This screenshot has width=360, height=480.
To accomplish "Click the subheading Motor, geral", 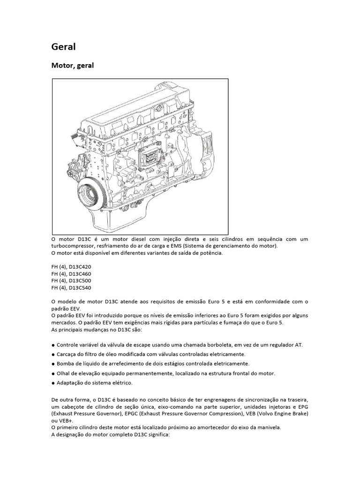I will [x=72, y=65].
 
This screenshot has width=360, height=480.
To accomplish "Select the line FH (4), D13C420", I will [x=71, y=267].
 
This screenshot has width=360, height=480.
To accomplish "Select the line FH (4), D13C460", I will [x=71, y=274].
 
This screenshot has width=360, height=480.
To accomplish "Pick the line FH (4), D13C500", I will [x=71, y=281].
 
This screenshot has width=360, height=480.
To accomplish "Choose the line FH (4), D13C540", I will [x=71, y=288].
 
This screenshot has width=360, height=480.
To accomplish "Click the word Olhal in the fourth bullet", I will [x=64, y=373].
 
